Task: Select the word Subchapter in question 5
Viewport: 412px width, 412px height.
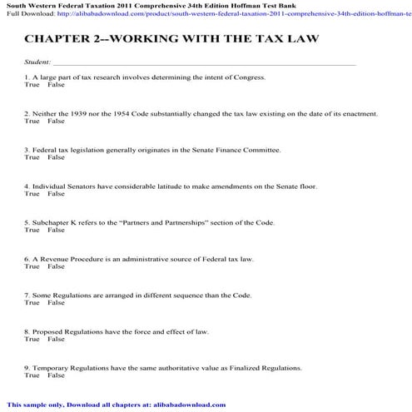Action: pyautogui.click(x=51, y=222)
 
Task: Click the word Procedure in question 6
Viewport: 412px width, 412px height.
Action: pyautogui.click(x=84, y=259)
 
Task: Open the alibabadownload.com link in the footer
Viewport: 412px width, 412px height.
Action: pyautogui.click(x=188, y=405)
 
